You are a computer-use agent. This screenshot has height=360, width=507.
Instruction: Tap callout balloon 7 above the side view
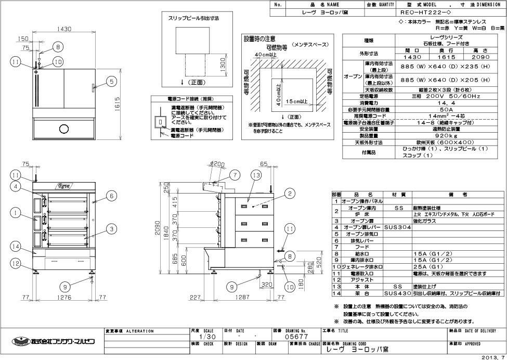tap(235, 175)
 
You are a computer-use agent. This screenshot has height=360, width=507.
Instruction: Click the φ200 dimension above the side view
tap(219, 164)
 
